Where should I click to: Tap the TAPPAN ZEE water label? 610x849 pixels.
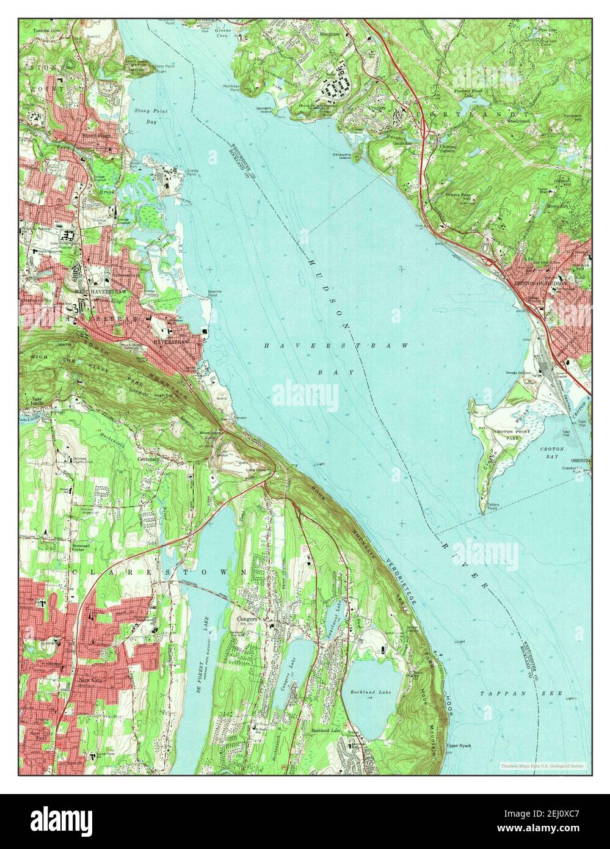pyautogui.click(x=499, y=694)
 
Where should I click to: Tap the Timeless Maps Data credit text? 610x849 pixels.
pyautogui.click(x=542, y=765)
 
